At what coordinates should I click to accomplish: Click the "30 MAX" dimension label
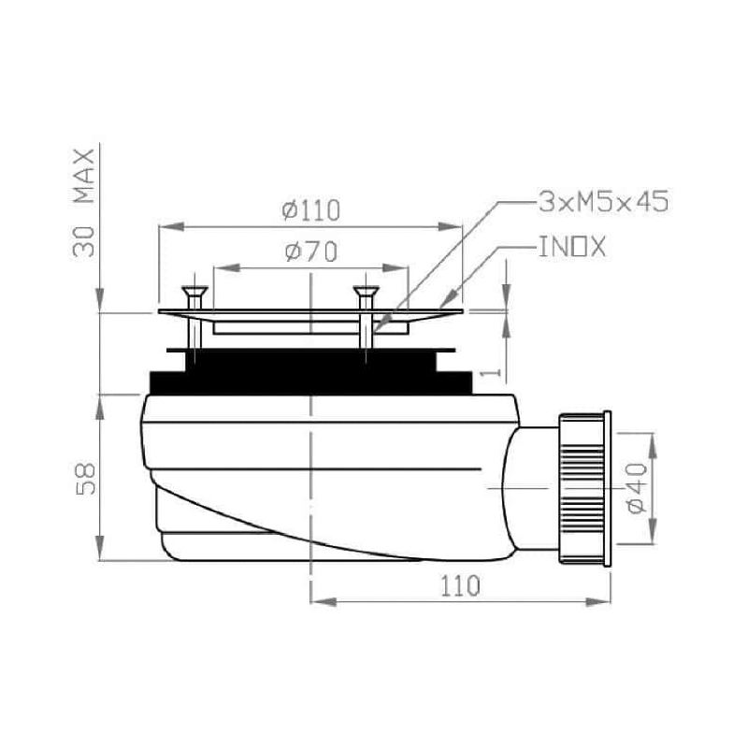(86, 202)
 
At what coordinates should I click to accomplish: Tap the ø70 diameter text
(309, 252)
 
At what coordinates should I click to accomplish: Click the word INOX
(572, 248)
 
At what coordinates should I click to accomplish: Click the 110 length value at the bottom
(460, 586)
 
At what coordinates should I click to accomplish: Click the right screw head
(365, 295)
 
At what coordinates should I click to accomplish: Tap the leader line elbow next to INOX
(501, 249)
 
